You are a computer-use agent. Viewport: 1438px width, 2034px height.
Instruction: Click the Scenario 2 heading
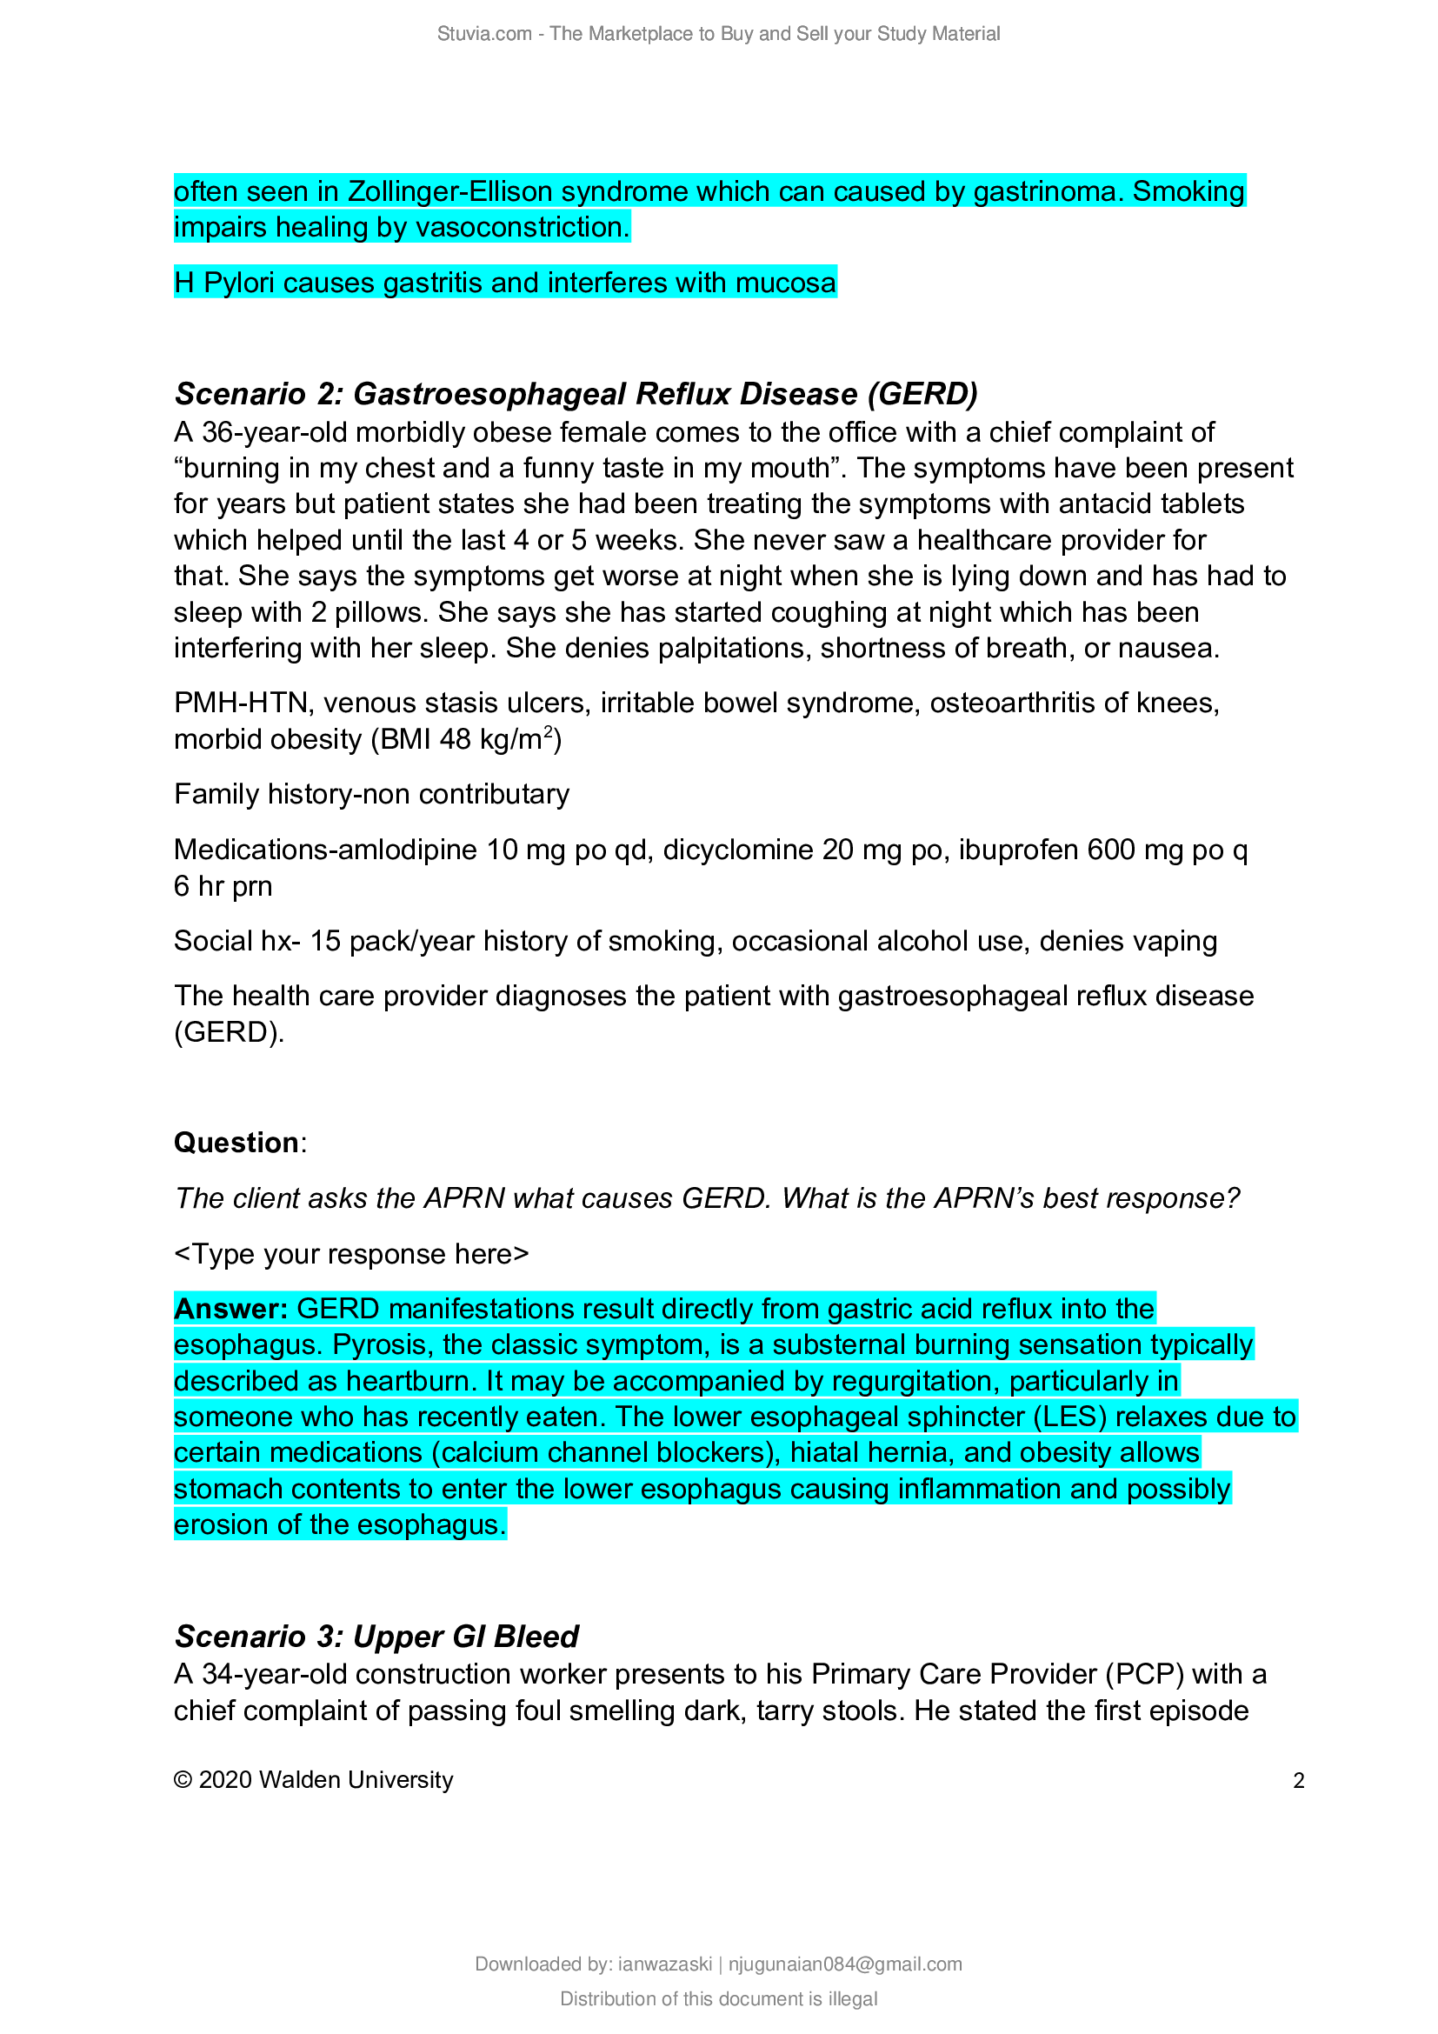[576, 393]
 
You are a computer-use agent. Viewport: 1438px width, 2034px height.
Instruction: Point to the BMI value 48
[455, 740]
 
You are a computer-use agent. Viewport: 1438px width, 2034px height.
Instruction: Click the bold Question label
[236, 1143]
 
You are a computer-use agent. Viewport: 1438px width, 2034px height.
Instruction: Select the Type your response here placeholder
[351, 1254]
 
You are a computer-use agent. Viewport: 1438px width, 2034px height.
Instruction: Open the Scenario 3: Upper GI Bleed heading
[376, 1637]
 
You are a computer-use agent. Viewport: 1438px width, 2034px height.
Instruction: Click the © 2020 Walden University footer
[314, 1780]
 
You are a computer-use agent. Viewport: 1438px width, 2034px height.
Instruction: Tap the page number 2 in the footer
[1298, 1781]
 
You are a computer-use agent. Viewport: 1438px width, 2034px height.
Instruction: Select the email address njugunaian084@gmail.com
[845, 1964]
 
